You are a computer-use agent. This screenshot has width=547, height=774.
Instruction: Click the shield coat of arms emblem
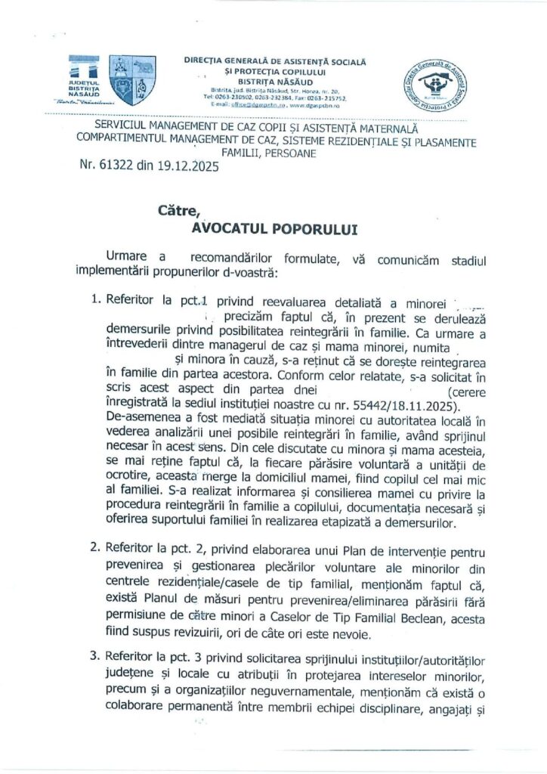coord(133,79)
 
